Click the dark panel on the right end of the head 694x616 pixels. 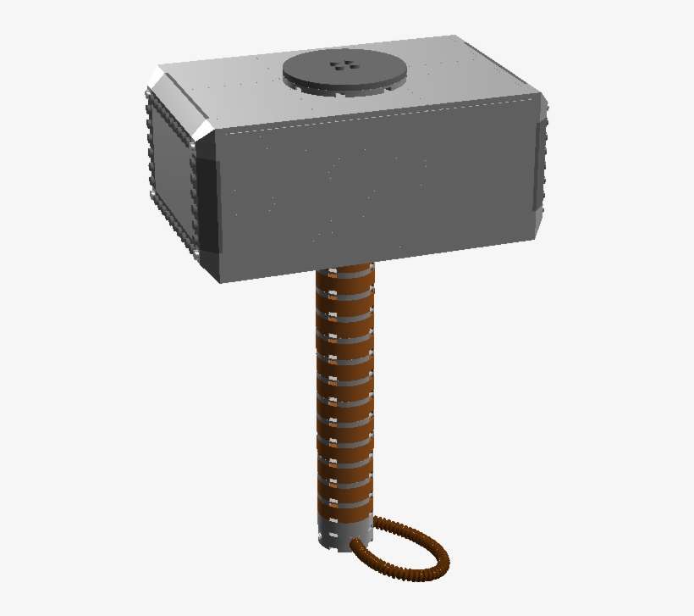(x=540, y=165)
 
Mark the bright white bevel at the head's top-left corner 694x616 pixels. (x=156, y=80)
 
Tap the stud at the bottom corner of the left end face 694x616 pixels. (x=197, y=252)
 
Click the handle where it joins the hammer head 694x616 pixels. (x=344, y=273)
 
